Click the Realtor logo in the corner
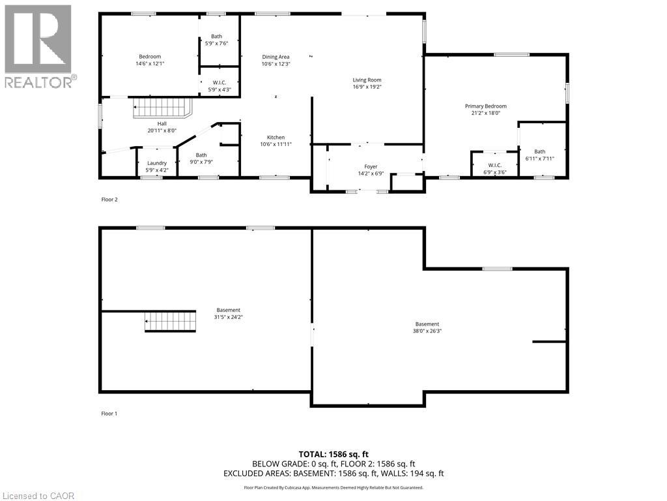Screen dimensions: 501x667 [39, 46]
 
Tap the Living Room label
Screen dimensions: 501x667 [367, 80]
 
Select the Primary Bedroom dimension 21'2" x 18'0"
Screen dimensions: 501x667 [485, 113]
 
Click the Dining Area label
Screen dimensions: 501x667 [276, 57]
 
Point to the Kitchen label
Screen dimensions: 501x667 [276, 138]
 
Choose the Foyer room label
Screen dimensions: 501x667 [371, 167]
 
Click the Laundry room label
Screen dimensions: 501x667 [157, 163]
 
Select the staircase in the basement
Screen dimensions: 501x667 [169, 322]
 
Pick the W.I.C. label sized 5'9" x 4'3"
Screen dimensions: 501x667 [218, 82]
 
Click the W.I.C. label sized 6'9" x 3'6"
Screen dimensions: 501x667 [494, 165]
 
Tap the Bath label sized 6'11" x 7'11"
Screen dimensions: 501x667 [540, 152]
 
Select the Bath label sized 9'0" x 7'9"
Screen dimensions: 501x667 [201, 155]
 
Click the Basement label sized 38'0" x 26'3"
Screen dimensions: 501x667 [427, 324]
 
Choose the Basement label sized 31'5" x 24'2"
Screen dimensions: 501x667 [229, 310]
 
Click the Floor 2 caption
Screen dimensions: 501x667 [109, 200]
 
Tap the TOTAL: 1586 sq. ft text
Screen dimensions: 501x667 [333, 454]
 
